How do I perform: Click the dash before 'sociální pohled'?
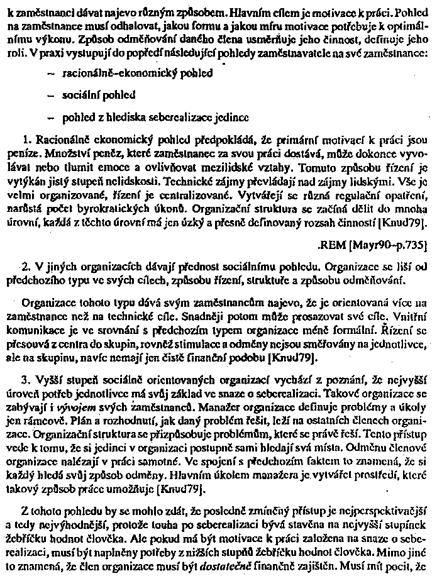(x=50, y=95)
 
